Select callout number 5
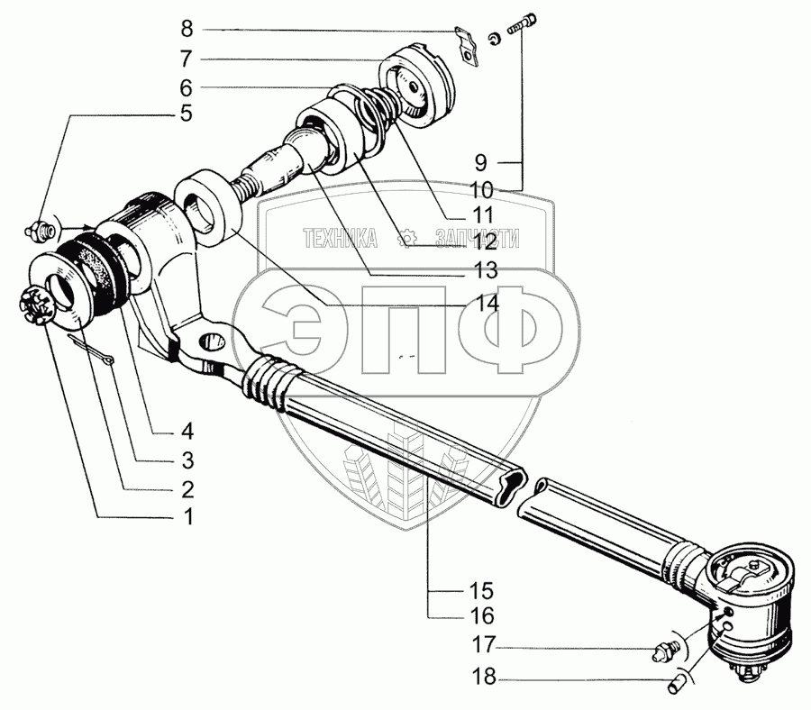click(x=186, y=114)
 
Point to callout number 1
click(x=187, y=517)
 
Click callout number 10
click(x=481, y=191)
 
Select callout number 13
click(x=486, y=269)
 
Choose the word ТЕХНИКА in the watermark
click(x=341, y=239)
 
